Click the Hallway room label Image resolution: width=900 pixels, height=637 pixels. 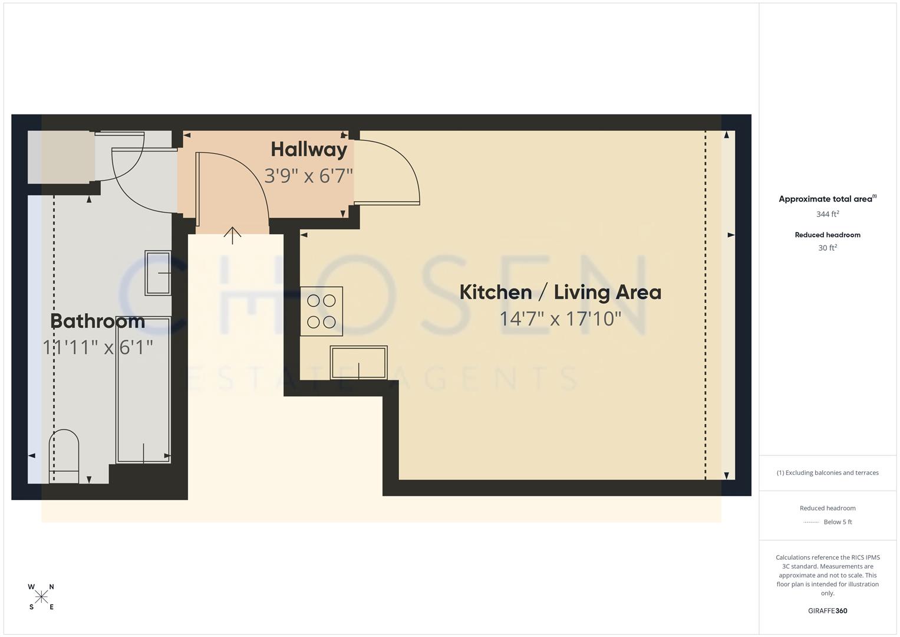309,149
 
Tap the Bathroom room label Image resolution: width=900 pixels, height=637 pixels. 97,321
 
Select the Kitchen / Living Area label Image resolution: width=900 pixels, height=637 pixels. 560,292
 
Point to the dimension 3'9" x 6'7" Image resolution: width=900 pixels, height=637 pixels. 308,176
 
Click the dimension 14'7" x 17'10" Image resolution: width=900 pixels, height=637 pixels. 560,319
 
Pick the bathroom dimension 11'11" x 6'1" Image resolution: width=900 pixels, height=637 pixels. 98,347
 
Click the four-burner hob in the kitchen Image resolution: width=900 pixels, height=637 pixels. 321,311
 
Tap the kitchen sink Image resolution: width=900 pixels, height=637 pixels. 358,362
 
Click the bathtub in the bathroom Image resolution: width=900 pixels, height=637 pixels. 144,389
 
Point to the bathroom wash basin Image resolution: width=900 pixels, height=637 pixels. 157,272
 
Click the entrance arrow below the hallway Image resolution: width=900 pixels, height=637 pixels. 233,235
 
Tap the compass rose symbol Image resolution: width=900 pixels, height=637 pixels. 41,597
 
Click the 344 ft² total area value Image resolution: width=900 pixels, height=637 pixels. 828,214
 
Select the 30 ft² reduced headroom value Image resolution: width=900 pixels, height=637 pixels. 828,248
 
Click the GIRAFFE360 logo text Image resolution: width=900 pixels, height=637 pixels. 828,611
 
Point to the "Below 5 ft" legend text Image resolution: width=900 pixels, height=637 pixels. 838,522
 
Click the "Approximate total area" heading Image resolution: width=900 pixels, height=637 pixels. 825,199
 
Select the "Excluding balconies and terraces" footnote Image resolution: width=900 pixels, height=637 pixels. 828,472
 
